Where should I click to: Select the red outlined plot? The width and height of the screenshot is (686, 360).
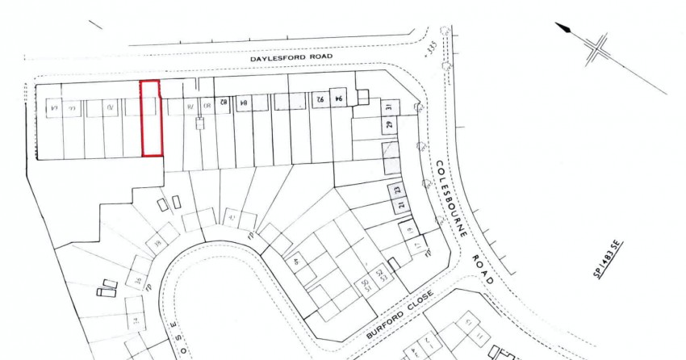[x=151, y=119]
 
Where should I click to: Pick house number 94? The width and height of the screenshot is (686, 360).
[x=339, y=98]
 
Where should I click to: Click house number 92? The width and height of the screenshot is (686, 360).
[x=320, y=100]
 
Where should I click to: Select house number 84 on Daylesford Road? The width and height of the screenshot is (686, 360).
[x=241, y=102]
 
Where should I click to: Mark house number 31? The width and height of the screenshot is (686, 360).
[x=388, y=108]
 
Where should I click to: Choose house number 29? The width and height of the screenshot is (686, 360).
[x=389, y=126]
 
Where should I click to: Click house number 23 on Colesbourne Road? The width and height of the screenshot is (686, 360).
[x=397, y=190]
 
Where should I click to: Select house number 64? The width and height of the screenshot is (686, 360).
[x=54, y=107]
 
